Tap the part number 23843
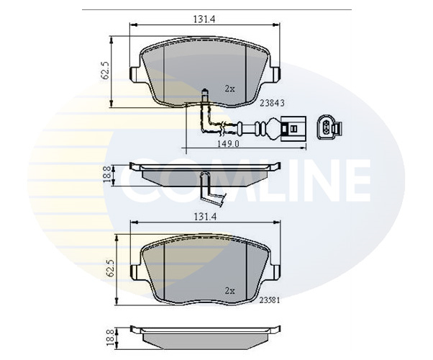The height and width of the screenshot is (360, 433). point(273,103)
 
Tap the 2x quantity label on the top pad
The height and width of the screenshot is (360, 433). point(230,89)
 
